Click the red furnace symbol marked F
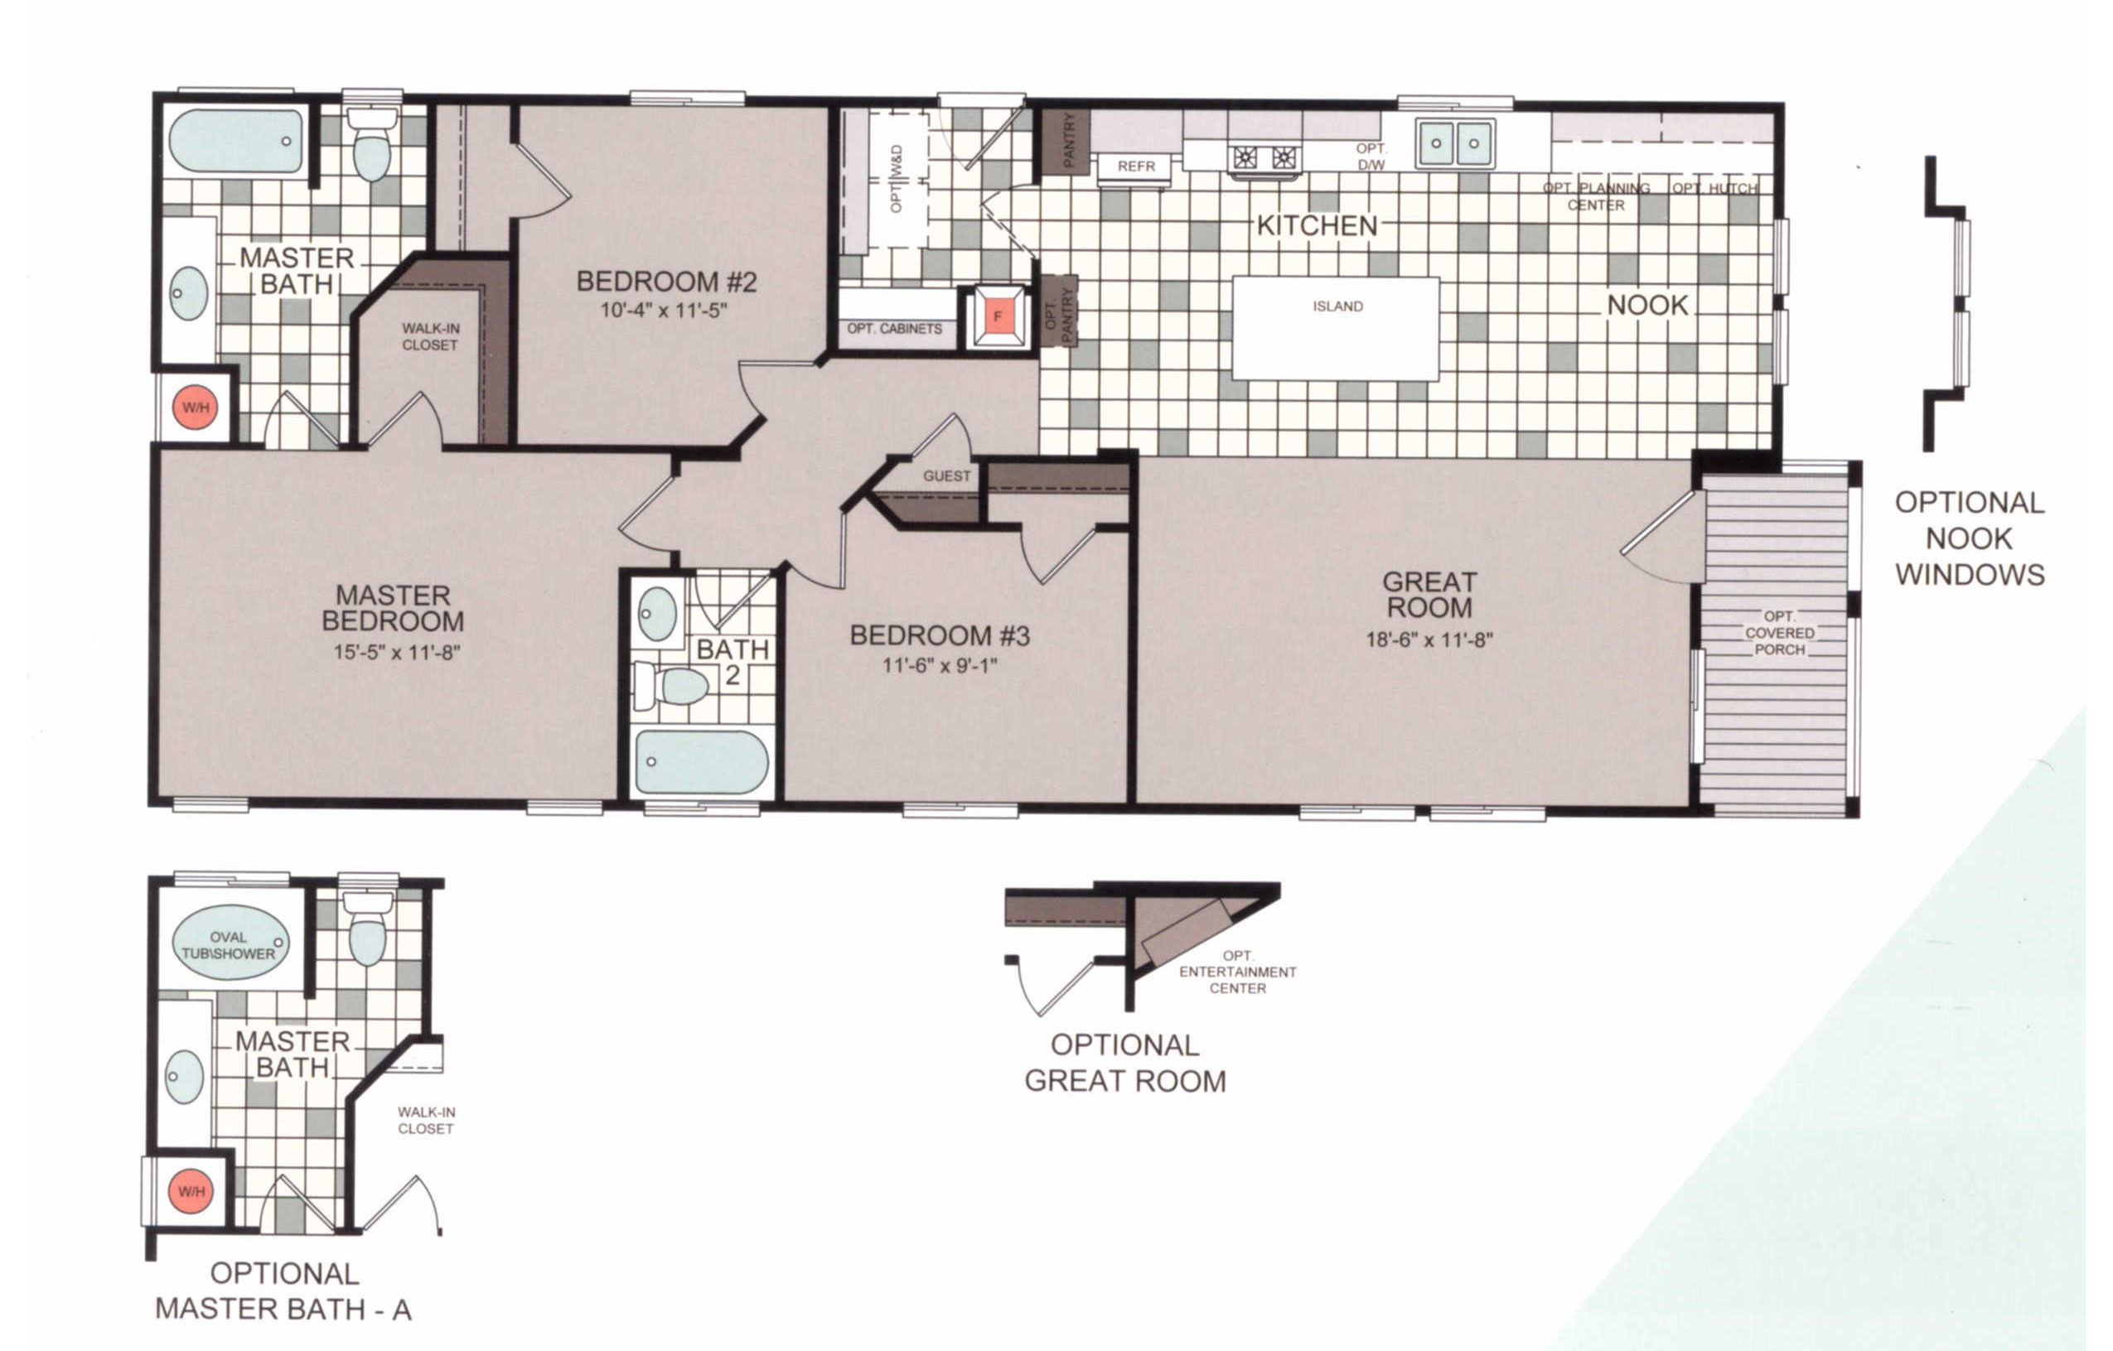998,316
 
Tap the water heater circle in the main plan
195,408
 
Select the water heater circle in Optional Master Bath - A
191,1191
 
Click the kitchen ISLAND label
1337,306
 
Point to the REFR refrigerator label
1136,166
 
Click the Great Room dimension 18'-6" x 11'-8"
1429,639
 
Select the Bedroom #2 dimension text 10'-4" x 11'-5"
664,310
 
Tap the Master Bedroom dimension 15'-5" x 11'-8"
397,652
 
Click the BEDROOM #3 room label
940,635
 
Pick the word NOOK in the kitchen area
1648,306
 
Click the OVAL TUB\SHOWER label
228,945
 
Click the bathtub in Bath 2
701,761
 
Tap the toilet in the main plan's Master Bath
372,144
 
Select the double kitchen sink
1455,143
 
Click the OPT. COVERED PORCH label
1780,633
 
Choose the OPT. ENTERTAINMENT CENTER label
1237,972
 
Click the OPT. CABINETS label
894,329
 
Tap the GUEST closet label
947,475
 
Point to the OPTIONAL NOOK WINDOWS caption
1969,538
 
